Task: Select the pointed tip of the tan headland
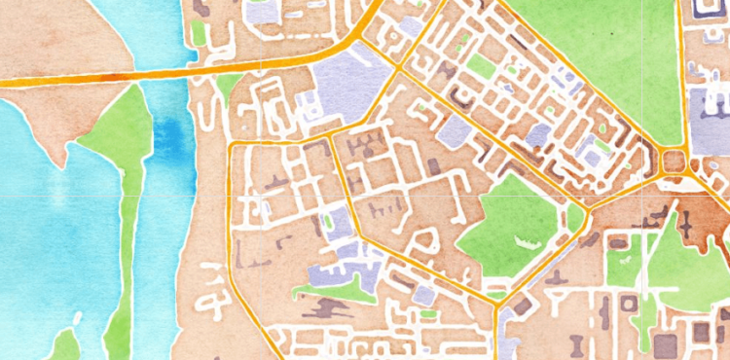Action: [x=64, y=164]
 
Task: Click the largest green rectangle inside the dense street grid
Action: [x=481, y=66]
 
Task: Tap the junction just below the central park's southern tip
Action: [x=497, y=307]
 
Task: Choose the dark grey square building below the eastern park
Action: [x=668, y=345]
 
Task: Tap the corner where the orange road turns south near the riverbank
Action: [x=232, y=146]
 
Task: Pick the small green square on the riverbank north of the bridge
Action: [x=198, y=32]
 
